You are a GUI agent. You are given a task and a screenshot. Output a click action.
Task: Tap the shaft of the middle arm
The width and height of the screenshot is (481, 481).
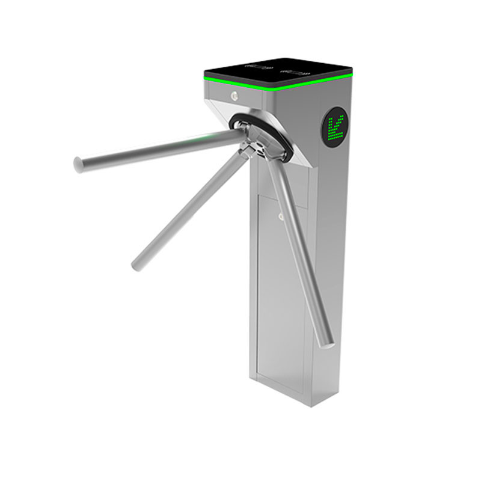(x=192, y=204)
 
